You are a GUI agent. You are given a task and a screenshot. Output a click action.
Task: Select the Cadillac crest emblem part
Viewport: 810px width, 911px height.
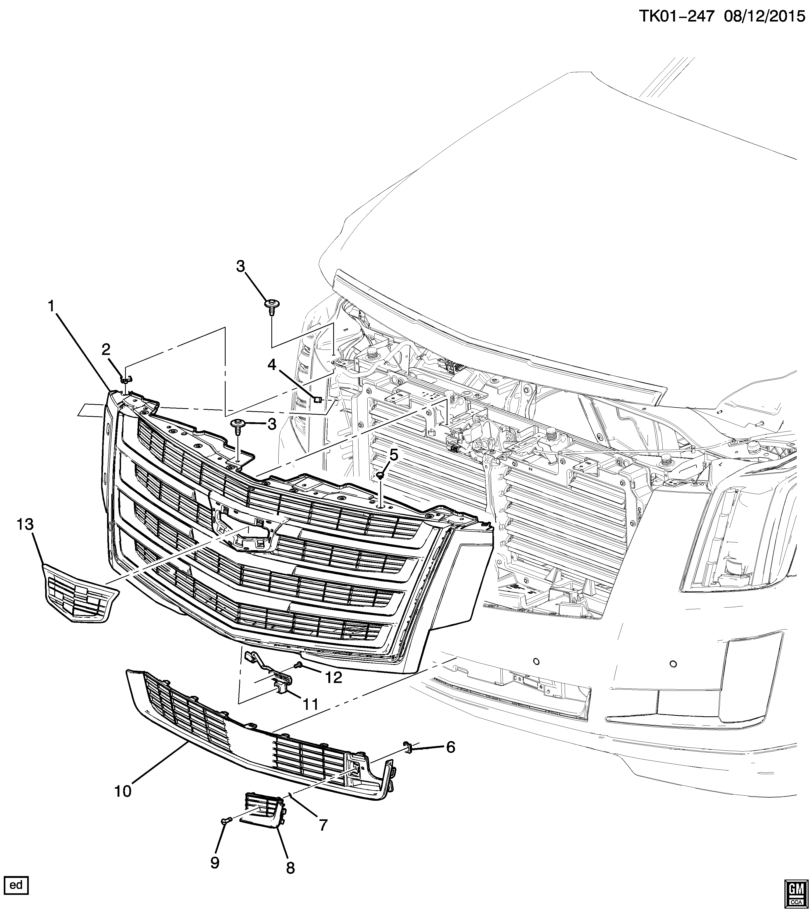(x=80, y=593)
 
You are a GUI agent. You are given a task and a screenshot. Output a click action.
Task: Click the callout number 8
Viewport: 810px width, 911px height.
(x=290, y=867)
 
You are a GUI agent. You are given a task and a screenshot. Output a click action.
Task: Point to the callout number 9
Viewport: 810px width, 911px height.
(x=215, y=862)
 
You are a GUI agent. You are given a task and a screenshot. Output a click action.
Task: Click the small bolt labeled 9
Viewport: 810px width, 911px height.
(x=225, y=819)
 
